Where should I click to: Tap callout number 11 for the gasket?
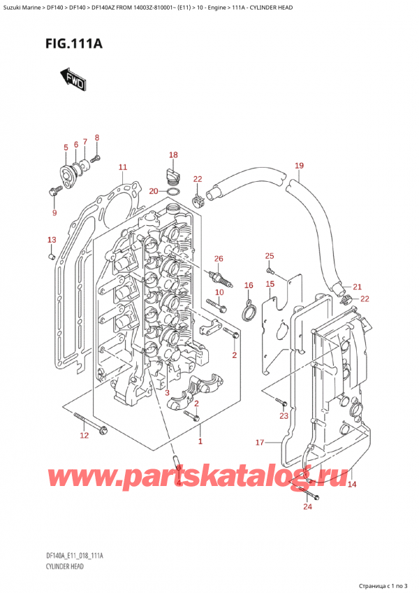[x=122, y=167]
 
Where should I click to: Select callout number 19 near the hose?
[x=299, y=166]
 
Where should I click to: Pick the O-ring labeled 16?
[x=247, y=310]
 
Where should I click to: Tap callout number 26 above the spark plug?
[x=218, y=259]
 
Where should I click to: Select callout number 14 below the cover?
[x=352, y=484]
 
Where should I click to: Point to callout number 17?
[x=260, y=442]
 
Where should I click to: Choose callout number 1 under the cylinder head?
[x=200, y=441]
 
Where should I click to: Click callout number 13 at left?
[x=50, y=240]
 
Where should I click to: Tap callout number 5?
[x=66, y=147]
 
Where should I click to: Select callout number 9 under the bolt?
[x=54, y=213]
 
